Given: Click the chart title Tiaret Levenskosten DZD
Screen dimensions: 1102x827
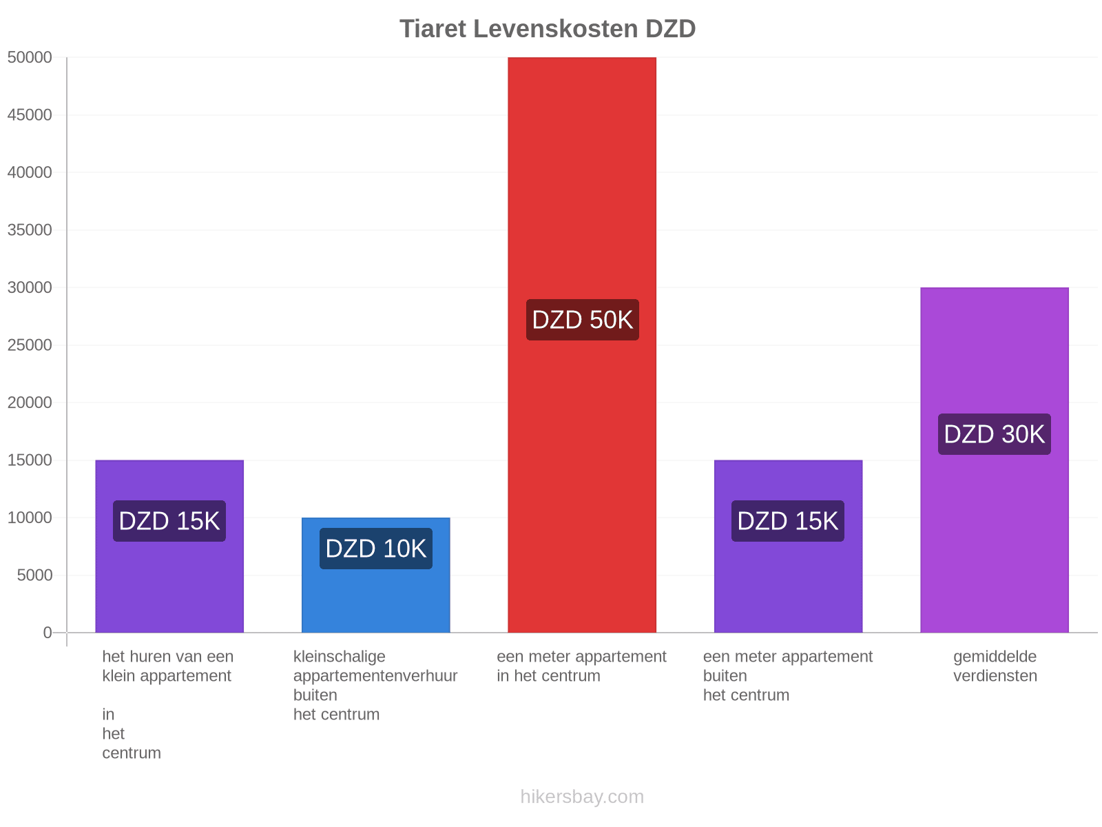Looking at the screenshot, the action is pos(548,29).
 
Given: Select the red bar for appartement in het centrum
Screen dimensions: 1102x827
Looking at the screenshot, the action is pos(582,345).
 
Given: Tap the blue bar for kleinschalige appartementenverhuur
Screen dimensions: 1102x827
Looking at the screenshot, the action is pos(375,575).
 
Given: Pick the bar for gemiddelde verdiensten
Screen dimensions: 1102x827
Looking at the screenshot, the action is pos(994,460).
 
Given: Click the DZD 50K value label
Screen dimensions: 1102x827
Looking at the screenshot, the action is pos(583,320).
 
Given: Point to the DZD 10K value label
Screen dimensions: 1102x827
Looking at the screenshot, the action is pos(375,549).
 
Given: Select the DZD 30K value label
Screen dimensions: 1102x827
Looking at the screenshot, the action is pos(994,434).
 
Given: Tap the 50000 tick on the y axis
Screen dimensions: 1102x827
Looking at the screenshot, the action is pos(30,57).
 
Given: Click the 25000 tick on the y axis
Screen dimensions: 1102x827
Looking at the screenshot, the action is pos(30,345).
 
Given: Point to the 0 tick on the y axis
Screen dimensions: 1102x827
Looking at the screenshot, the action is pos(48,633).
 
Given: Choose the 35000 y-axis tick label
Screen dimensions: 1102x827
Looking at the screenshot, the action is pos(30,230).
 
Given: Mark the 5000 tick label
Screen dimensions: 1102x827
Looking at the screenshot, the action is pos(34,575).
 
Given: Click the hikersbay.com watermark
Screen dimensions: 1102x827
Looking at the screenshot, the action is pos(582,797).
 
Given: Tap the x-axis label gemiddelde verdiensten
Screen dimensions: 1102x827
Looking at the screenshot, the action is pos(995,666).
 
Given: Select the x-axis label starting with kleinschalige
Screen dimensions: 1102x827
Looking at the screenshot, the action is pos(375,686).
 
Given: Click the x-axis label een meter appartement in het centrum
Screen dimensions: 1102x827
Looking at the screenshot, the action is pos(581,666).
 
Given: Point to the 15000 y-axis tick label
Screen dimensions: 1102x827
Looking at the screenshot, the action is pos(30,460).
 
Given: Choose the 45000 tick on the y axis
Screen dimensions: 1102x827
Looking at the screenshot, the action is pos(30,115).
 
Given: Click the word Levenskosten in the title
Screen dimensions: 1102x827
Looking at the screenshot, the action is pos(556,29).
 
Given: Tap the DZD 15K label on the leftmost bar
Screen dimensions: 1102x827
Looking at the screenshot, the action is pos(169,521).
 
